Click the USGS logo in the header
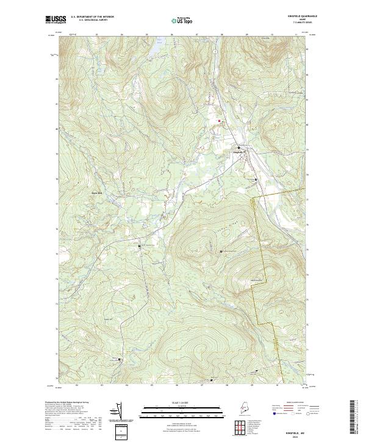point(52,20)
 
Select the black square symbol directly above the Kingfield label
point(239,148)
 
